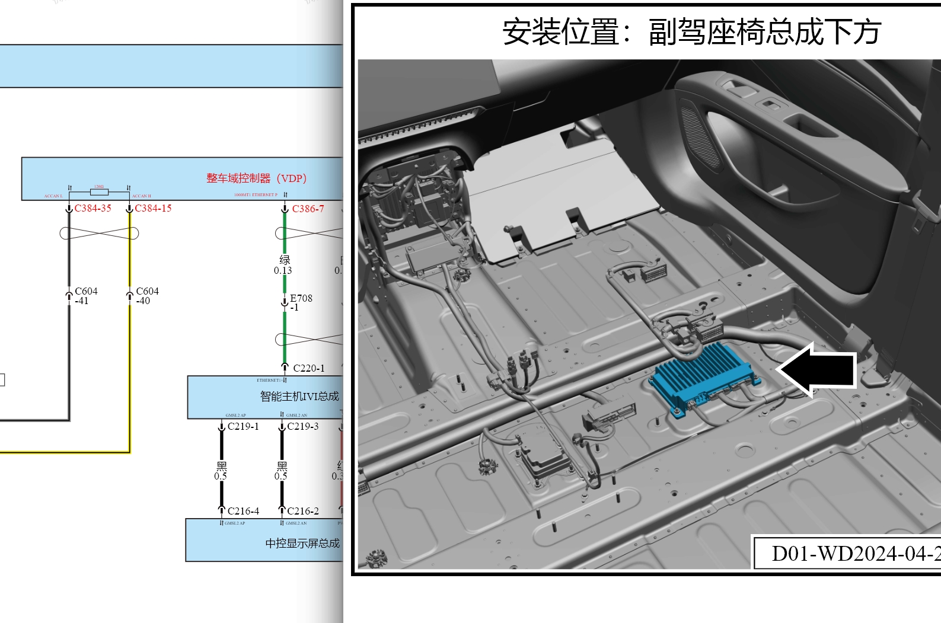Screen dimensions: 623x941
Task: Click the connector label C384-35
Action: [92, 209]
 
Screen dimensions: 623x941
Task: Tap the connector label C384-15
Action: [153, 209]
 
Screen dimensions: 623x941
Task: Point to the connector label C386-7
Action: [308, 209]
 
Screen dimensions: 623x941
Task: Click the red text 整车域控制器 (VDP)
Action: [256, 178]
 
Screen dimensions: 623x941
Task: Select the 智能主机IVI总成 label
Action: [299, 397]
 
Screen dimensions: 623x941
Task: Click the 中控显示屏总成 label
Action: [302, 543]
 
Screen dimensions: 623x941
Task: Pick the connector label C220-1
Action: [308, 369]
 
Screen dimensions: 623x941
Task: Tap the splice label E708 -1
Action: [300, 302]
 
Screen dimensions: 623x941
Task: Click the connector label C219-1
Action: [243, 427]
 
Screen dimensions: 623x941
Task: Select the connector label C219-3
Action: [302, 427]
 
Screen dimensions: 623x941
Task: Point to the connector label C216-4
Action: [243, 511]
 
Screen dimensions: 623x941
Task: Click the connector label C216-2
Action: [302, 511]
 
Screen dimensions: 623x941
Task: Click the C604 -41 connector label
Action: [85, 296]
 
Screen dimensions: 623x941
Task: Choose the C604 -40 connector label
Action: [146, 296]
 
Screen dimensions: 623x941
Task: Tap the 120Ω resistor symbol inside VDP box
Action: [99, 191]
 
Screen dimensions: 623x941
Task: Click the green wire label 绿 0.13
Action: [283, 265]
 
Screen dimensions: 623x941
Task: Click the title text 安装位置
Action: [561, 32]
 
